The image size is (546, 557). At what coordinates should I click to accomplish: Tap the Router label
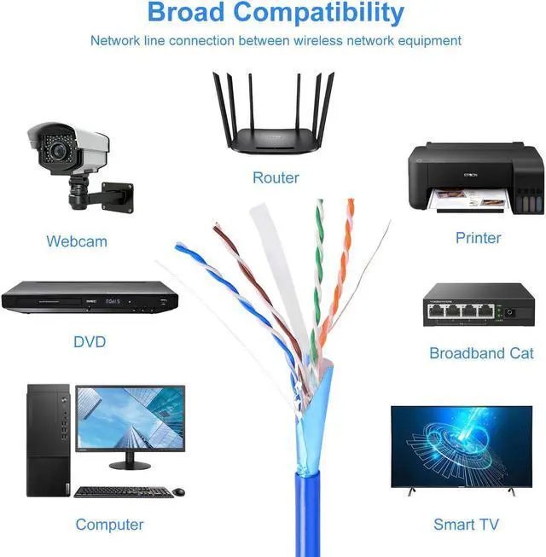point(276,177)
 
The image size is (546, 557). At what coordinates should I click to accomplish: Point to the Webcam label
point(77,241)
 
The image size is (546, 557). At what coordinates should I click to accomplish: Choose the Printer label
point(479,237)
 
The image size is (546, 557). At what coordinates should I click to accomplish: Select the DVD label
point(90,342)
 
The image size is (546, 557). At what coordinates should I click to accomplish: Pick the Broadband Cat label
point(481,353)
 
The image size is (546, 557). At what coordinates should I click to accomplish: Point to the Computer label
point(109,525)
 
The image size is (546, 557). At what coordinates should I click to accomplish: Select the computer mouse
point(179,491)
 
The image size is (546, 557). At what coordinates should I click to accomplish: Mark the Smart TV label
point(466,525)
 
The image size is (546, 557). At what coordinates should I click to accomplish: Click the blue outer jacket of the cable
point(308,512)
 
